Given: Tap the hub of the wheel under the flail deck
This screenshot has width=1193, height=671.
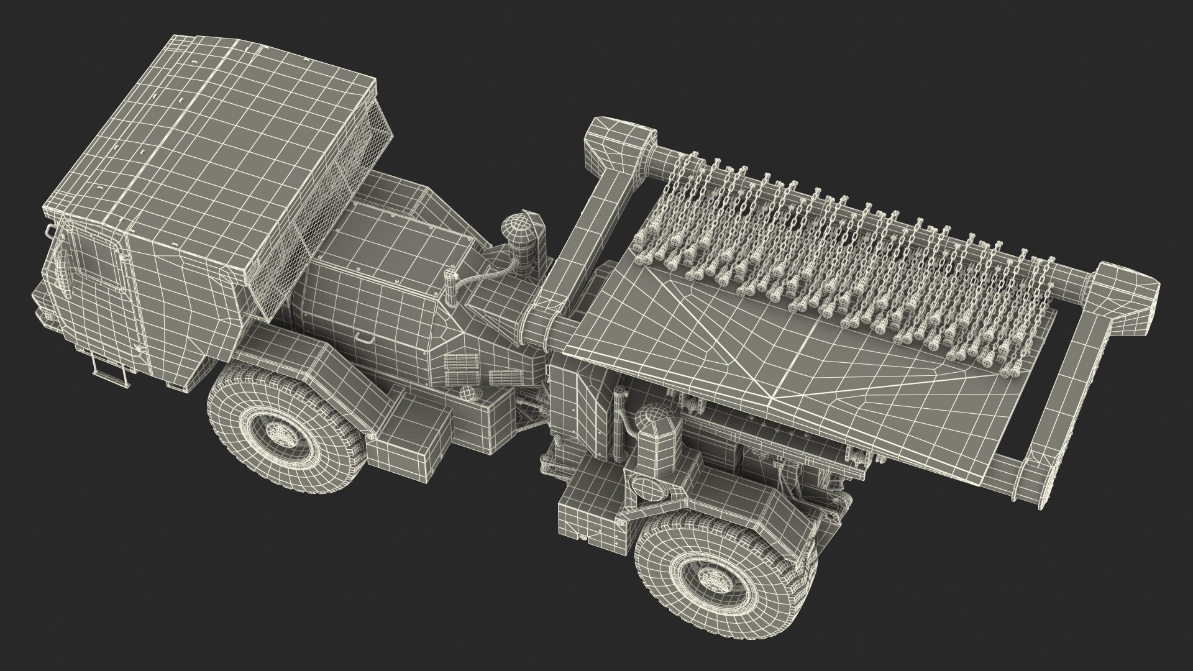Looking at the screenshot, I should coord(710,583).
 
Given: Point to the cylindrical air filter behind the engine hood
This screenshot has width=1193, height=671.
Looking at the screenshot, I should coord(521,242).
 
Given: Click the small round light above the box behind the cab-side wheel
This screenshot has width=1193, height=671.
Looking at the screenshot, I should coord(465,393).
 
